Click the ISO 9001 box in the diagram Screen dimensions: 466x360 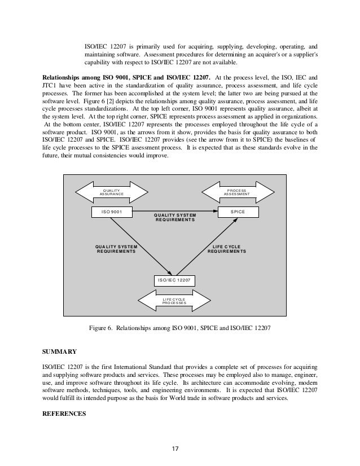pyautogui.click(x=112, y=212)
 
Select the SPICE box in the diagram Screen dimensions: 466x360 pyautogui.click(x=238, y=212)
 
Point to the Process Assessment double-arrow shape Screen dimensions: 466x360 pyautogui.click(x=236, y=192)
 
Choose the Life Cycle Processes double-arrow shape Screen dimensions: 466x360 pyautogui.click(x=174, y=301)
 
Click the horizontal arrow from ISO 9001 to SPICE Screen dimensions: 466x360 pyautogui.click(x=175, y=212)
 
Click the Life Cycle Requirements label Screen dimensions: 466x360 pyautogui.click(x=226, y=249)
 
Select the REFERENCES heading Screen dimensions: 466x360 pyautogui.click(x=63, y=413)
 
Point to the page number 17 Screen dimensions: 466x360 pyautogui.click(x=175, y=449)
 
